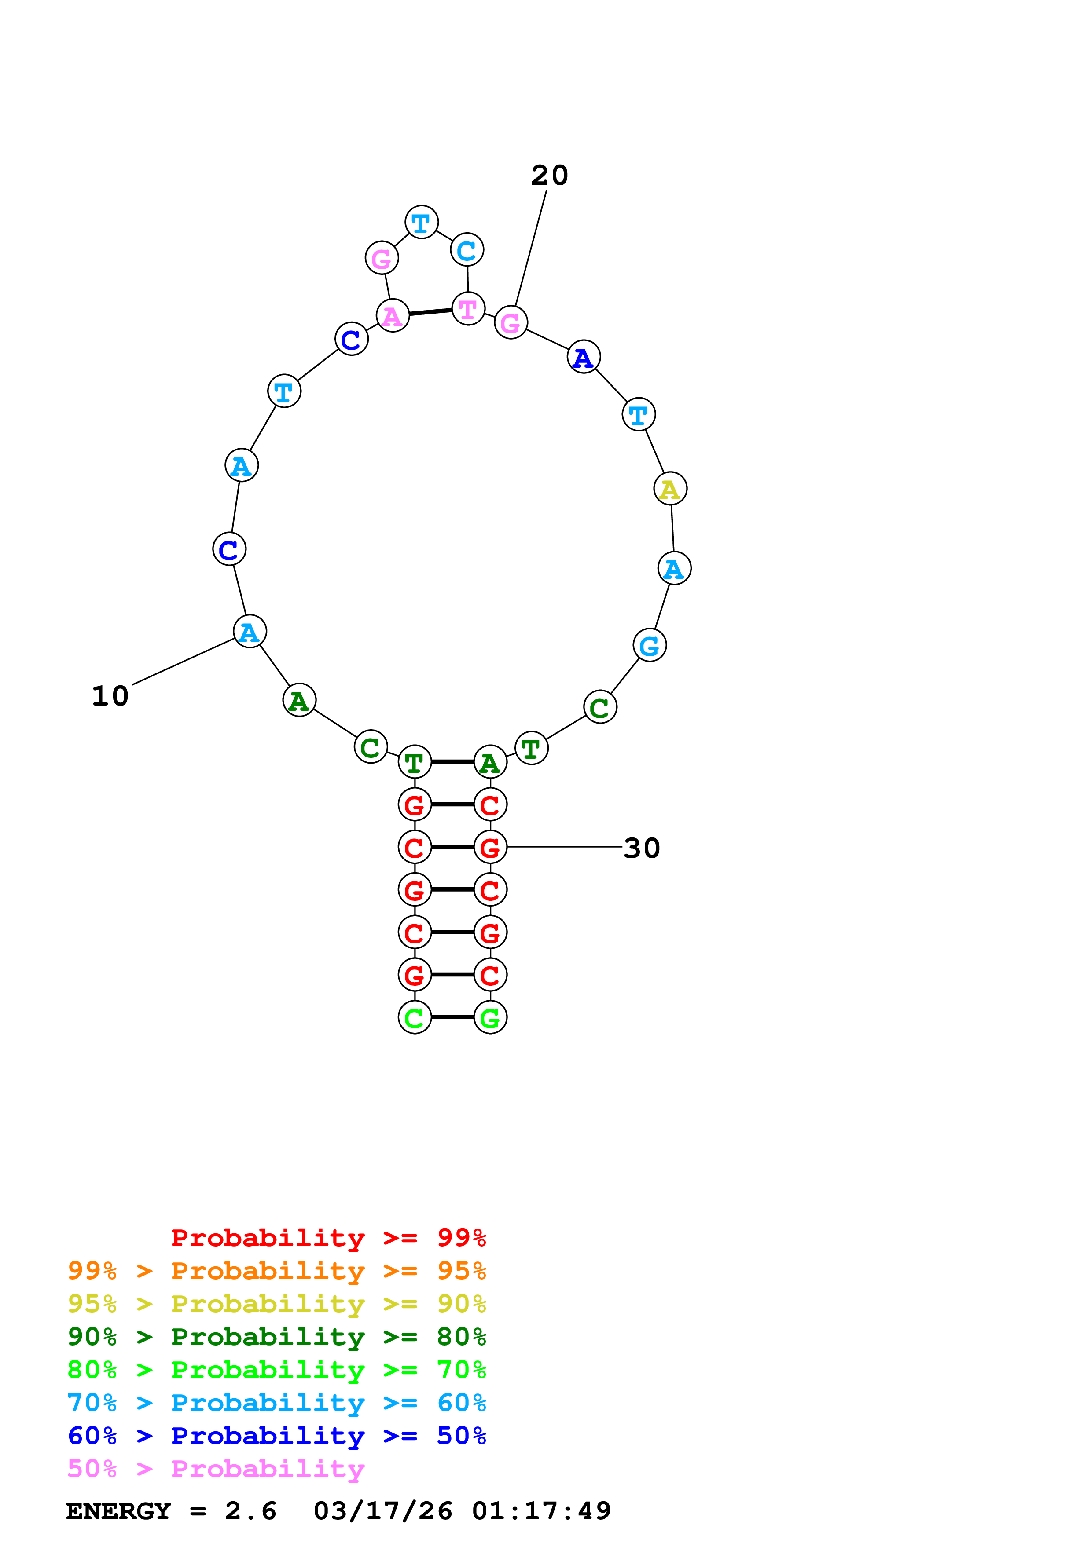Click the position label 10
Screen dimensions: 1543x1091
coord(110,696)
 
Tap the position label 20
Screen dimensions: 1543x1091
coord(549,176)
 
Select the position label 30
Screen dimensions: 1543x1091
coord(641,848)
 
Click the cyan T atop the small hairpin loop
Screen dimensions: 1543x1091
coord(422,223)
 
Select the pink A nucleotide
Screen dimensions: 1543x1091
coord(393,316)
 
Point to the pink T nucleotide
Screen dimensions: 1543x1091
coord(468,309)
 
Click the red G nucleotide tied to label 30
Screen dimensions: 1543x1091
coord(490,848)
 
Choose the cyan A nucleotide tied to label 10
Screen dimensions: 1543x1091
coord(250,632)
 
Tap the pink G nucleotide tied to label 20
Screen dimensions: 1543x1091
coord(511,322)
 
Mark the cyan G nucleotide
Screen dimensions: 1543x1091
coord(649,645)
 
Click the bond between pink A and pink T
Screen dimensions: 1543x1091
coord(430,312)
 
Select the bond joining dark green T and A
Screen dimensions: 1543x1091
coord(452,762)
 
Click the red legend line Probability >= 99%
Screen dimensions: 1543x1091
coord(328,1237)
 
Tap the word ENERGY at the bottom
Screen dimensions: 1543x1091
coord(118,1511)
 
